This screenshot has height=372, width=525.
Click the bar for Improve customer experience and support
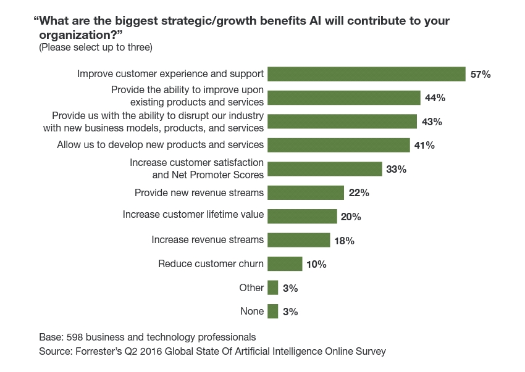pyautogui.click(x=366, y=74)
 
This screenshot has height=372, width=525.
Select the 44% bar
pyautogui.click(x=344, y=97)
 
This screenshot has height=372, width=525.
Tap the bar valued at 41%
pyautogui.click(x=338, y=145)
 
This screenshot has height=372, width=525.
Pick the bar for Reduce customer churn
pyautogui.click(x=285, y=264)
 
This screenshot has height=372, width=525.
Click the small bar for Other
pyautogui.click(x=273, y=287)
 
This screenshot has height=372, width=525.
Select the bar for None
pyautogui.click(x=273, y=312)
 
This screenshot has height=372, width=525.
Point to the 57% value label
pyautogui.click(x=480, y=75)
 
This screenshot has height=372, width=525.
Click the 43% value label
pyautogui.click(x=432, y=122)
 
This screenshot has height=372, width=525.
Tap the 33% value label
pyautogui.click(x=396, y=169)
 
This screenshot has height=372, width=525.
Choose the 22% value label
pyautogui.click(x=358, y=193)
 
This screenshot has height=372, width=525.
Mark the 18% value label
pyautogui.click(x=344, y=241)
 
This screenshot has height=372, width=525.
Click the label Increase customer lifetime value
pyautogui.click(x=193, y=215)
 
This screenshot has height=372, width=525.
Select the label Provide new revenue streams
pyautogui.click(x=199, y=192)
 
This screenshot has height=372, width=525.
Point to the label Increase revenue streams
pyautogui.click(x=208, y=239)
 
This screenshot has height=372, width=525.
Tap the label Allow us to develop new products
pyautogui.click(x=161, y=145)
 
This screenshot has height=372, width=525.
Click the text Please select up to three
pyautogui.click(x=96, y=48)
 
